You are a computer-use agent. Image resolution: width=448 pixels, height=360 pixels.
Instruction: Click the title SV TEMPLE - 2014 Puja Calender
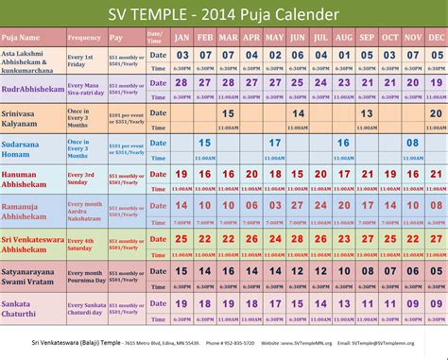(223, 14)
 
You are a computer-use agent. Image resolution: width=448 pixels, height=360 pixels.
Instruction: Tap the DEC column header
(435, 38)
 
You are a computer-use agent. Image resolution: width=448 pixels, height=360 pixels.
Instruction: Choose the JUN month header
(297, 38)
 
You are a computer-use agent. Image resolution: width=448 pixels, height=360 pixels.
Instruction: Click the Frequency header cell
(85, 38)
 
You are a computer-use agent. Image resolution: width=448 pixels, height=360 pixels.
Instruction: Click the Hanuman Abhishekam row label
(33, 180)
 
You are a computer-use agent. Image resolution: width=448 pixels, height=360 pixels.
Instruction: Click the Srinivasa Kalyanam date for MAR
(228, 113)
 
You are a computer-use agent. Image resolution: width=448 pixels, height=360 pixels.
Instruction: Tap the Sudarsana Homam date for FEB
(205, 143)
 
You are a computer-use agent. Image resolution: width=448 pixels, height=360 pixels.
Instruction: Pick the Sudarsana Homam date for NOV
(412, 143)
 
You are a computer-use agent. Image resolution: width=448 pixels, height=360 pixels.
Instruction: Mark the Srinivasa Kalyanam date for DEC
(435, 113)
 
